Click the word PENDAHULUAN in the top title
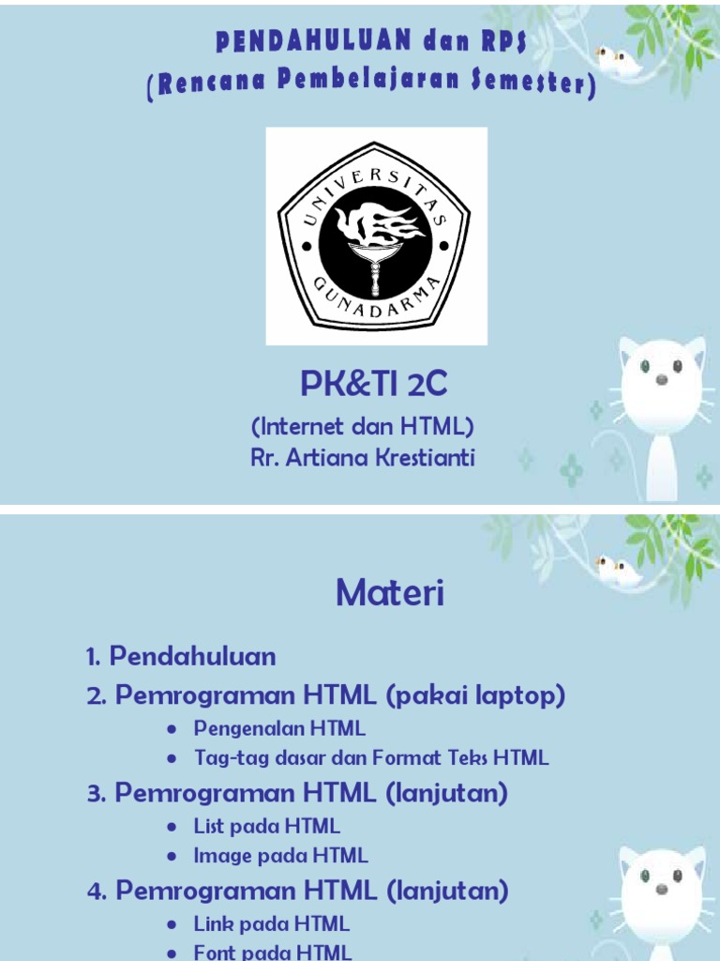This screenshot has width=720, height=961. [x=313, y=40]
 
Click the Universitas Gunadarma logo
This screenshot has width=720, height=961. [x=376, y=236]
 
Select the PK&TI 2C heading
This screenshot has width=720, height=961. [x=374, y=383]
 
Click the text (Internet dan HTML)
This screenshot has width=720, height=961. [x=363, y=427]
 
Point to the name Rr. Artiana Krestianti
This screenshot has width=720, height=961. [x=363, y=458]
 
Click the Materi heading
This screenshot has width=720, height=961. [x=390, y=593]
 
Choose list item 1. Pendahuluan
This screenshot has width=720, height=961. [x=181, y=656]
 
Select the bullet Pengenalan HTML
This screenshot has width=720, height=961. [x=279, y=728]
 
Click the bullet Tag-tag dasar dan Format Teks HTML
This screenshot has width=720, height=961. [x=371, y=757]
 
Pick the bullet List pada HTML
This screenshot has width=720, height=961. [x=266, y=826]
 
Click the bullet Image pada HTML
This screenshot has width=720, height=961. [x=280, y=855]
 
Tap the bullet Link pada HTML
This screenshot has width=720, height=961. [x=271, y=924]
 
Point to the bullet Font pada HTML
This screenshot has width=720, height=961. [x=273, y=953]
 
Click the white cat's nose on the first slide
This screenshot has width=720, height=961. [x=662, y=379]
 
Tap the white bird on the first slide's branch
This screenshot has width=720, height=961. [x=614, y=58]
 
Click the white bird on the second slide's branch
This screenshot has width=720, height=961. [x=614, y=567]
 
